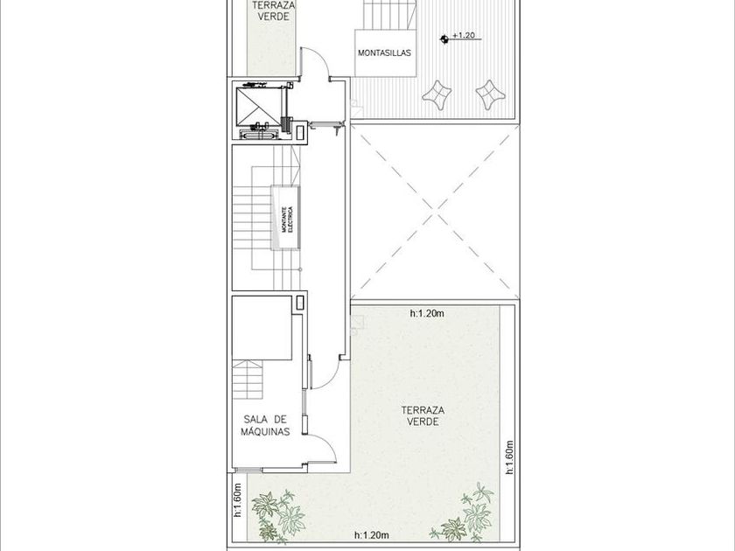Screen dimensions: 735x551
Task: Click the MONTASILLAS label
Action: point(384,53)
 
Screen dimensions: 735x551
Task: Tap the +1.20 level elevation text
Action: point(464,35)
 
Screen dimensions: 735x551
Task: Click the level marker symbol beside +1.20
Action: point(444,39)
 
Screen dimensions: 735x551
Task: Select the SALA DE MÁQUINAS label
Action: point(265,425)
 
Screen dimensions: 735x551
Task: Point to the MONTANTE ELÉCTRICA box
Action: point(286,218)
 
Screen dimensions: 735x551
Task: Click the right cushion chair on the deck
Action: point(490,94)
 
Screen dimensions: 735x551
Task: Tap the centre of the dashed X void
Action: point(436,215)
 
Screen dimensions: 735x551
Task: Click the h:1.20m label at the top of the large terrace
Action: point(427,313)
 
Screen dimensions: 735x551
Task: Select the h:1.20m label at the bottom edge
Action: point(372,535)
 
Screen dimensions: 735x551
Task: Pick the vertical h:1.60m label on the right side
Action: point(510,457)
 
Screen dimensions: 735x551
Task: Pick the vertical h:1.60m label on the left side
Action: point(237,500)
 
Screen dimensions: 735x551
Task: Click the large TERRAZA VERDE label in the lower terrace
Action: point(423,416)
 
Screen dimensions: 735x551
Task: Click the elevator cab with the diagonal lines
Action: point(257,107)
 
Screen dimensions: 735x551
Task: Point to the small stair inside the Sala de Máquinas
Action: point(248,380)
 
